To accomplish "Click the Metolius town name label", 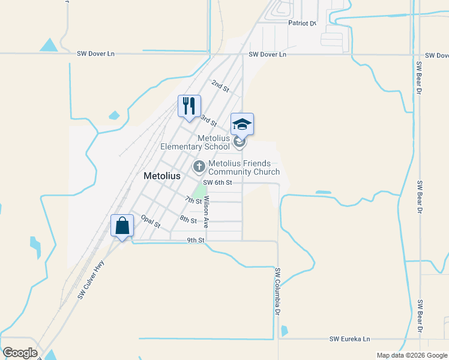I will (x=162, y=176).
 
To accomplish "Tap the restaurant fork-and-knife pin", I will (x=190, y=106).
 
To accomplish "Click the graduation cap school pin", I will (x=243, y=124).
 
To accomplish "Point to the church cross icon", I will (x=199, y=166).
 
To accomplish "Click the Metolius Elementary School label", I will (x=195, y=142).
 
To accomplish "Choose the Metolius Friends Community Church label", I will (x=244, y=167).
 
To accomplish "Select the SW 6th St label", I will (x=217, y=182).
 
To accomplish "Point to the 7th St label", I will (x=193, y=200).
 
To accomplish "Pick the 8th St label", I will (x=188, y=220).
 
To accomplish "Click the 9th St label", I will (x=196, y=240).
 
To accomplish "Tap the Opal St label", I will (x=151, y=221).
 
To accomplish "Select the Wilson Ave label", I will (x=206, y=212).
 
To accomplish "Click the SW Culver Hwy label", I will (x=91, y=280).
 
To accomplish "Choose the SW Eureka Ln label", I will (x=350, y=339).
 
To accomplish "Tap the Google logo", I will (x=20, y=352).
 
